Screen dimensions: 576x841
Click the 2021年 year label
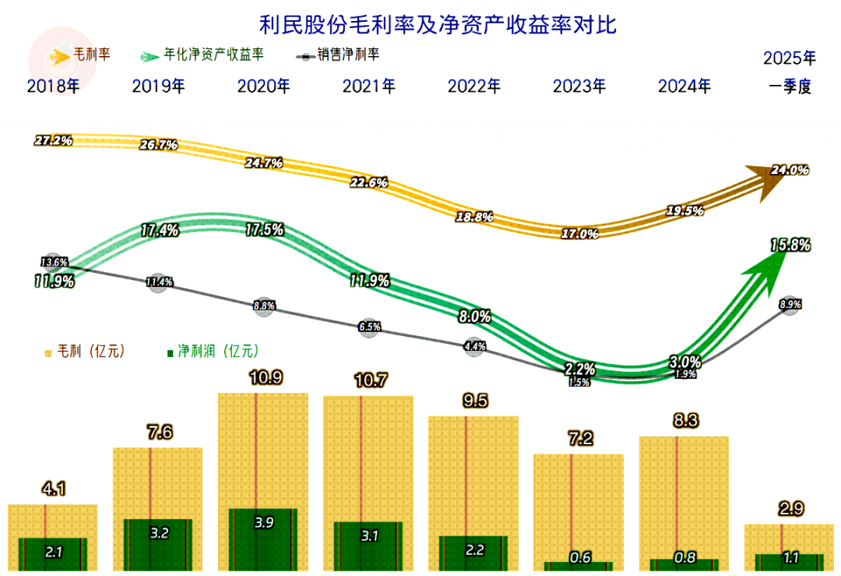pyautogui.click(x=368, y=86)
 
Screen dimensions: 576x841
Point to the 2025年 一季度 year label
pyautogui.click(x=790, y=72)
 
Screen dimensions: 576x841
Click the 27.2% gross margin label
pyautogui.click(x=53, y=141)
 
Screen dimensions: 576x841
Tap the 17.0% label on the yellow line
pyautogui.click(x=579, y=233)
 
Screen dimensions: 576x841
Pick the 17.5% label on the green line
pyautogui.click(x=263, y=230)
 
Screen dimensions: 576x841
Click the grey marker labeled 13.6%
pyautogui.click(x=54, y=262)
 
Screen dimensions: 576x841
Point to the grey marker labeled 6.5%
pyautogui.click(x=369, y=327)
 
